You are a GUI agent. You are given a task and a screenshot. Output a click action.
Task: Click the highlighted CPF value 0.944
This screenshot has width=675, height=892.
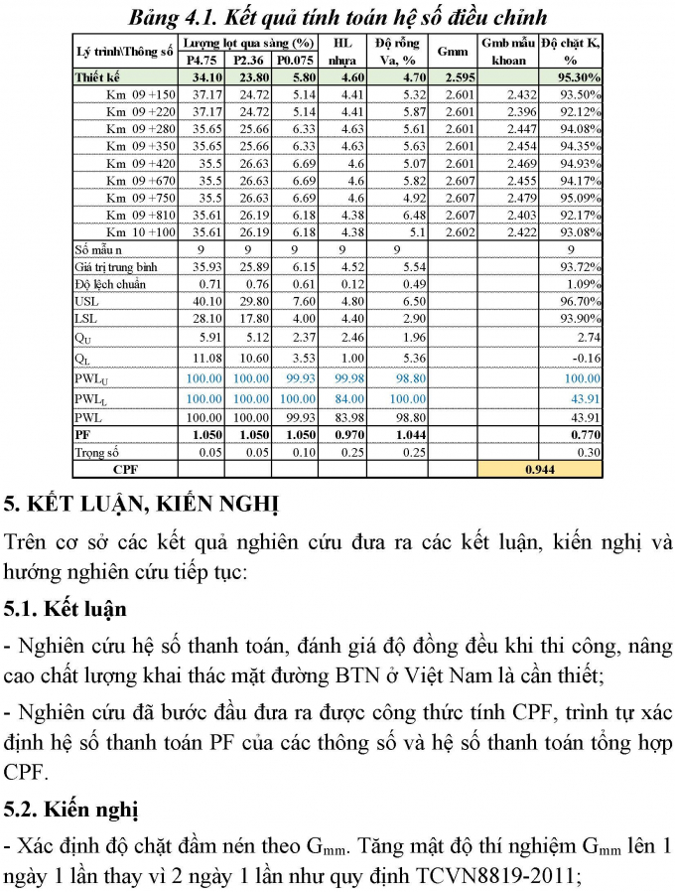[540, 468]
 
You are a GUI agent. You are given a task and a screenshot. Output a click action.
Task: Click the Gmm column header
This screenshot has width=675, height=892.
[453, 51]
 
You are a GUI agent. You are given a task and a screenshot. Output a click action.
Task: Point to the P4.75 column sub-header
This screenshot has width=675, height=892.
[202, 60]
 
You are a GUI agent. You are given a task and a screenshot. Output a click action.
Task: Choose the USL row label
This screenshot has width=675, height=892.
[86, 300]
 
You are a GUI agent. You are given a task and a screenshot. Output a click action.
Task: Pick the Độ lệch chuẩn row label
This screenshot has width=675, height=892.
[109, 283]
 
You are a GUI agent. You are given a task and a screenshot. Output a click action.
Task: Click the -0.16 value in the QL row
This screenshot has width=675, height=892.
[588, 358]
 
